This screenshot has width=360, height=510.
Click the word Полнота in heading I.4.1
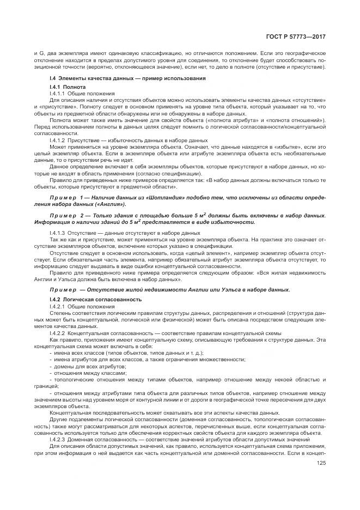(x=75, y=87)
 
